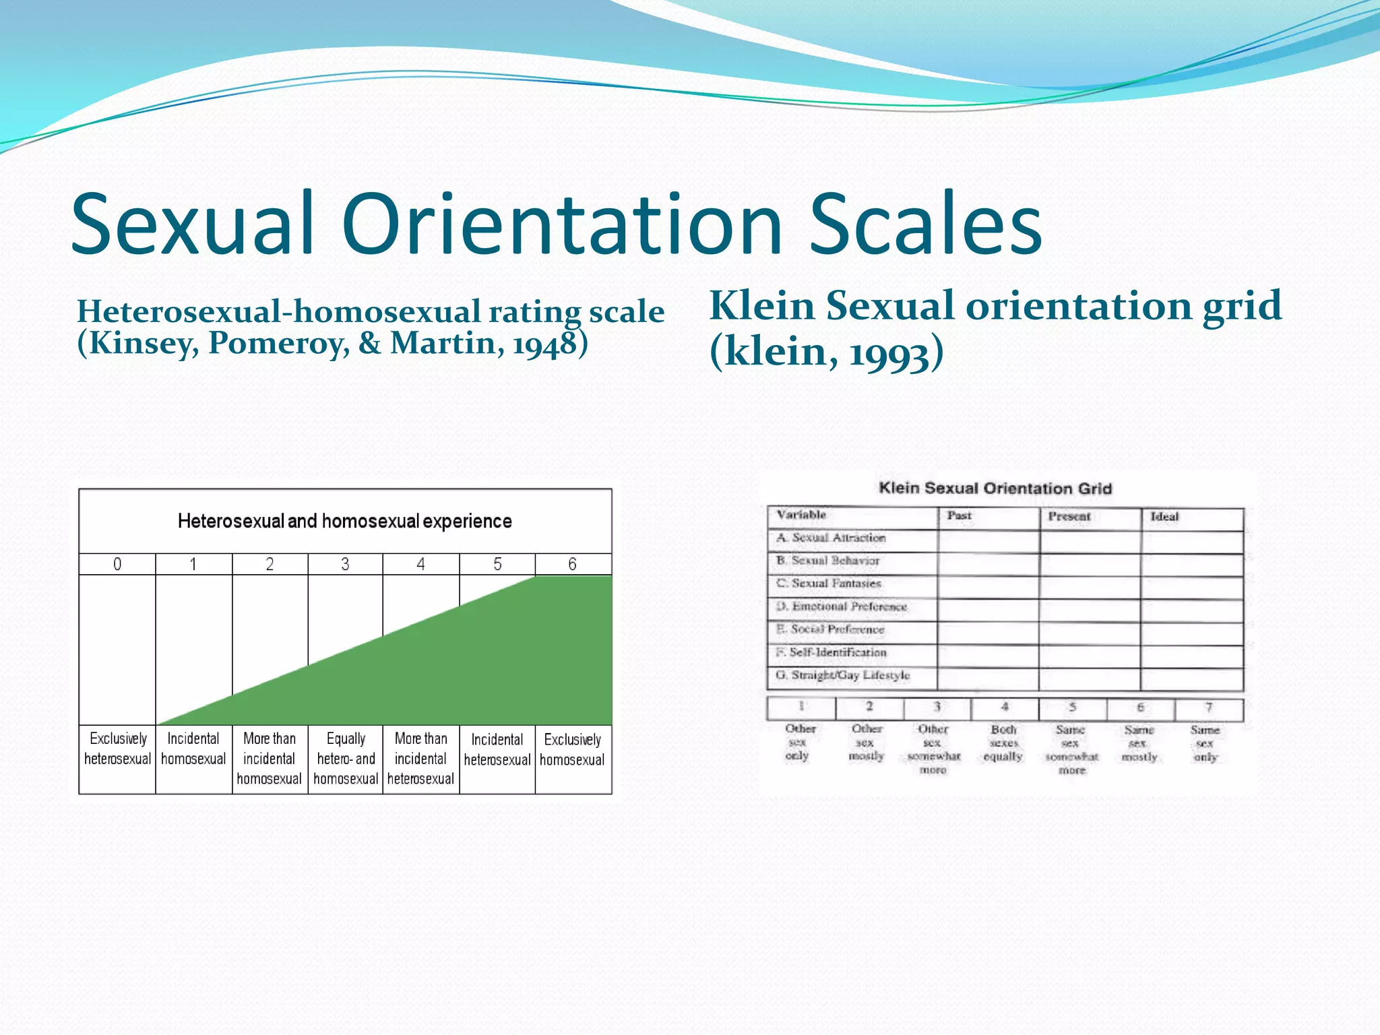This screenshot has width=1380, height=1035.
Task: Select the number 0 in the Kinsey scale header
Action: point(117,564)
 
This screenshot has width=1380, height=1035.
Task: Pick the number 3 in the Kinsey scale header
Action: point(345,564)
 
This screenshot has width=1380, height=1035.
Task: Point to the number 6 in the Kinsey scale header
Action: point(572,564)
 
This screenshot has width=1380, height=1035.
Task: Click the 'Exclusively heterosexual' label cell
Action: point(117,749)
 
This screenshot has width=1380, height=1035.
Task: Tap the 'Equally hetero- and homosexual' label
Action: point(346,759)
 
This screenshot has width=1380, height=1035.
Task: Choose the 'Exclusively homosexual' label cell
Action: point(572,749)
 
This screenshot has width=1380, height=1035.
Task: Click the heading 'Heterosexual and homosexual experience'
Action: point(345,521)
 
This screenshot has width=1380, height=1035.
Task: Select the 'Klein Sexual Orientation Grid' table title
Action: point(995,488)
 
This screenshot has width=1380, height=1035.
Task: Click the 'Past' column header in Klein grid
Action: point(959,515)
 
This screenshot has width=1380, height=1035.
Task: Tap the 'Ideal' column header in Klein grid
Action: point(1164,517)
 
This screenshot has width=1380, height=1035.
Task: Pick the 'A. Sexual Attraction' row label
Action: point(831,538)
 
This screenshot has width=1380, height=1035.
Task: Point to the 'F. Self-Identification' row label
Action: point(831,652)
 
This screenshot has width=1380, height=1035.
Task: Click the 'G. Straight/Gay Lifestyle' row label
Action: point(843,675)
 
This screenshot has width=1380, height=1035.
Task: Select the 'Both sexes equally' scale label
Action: point(1003,743)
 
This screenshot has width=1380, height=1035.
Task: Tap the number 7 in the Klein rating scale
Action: point(1209,708)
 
